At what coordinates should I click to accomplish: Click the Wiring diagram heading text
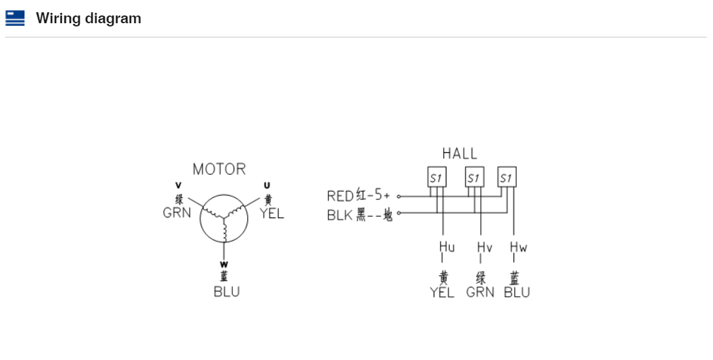[x=88, y=18]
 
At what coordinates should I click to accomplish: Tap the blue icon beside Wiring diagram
[x=15, y=18]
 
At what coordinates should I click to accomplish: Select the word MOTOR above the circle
[x=219, y=169]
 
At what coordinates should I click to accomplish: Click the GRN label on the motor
[x=177, y=213]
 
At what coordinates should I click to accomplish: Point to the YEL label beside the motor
[x=272, y=213]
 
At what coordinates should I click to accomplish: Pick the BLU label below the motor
[x=226, y=292]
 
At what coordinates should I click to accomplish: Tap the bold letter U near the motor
[x=267, y=186]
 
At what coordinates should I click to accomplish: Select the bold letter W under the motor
[x=225, y=263]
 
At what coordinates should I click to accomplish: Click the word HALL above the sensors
[x=459, y=154]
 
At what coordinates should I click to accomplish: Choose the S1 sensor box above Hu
[x=437, y=177]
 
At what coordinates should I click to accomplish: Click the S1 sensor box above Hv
[x=474, y=177]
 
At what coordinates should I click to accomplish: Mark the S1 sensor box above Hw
[x=507, y=177]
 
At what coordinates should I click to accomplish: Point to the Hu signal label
[x=447, y=247]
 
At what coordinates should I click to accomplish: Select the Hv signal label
[x=485, y=247]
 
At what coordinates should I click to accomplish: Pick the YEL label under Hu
[x=443, y=292]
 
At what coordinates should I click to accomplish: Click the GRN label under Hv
[x=480, y=292]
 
